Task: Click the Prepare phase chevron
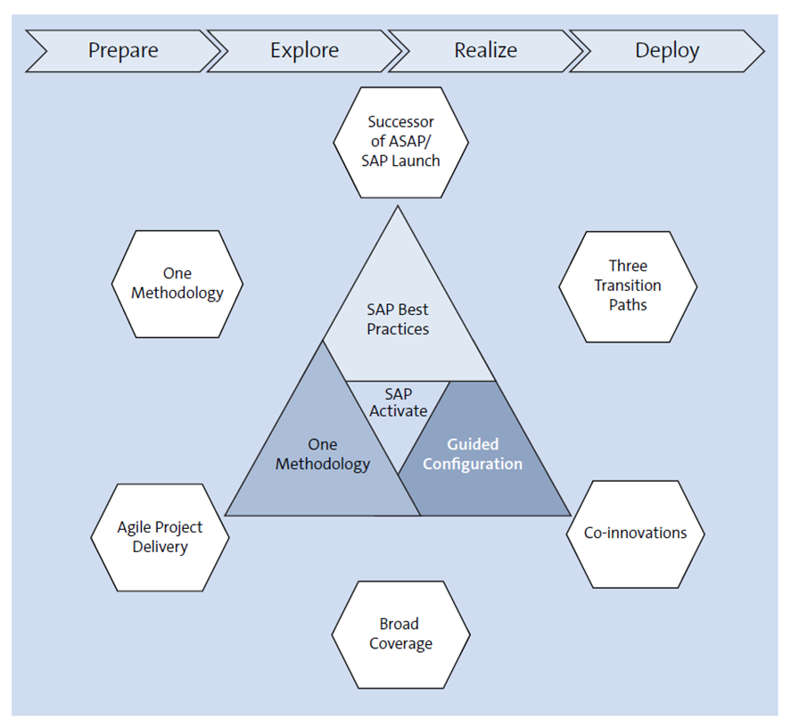pyautogui.click(x=123, y=51)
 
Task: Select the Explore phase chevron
pyautogui.click(x=304, y=51)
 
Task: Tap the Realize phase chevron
pyautogui.click(x=485, y=51)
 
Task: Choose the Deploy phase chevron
pyautogui.click(x=667, y=51)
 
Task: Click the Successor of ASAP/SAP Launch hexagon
pyautogui.click(x=400, y=142)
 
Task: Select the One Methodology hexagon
pyautogui.click(x=177, y=284)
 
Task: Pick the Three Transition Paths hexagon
pyautogui.click(x=628, y=285)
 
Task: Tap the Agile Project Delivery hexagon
pyautogui.click(x=160, y=537)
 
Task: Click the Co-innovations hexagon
pyautogui.click(x=635, y=533)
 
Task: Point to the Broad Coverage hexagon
pyautogui.click(x=400, y=634)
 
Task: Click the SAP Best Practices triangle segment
pyautogui.click(x=398, y=319)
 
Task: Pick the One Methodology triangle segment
pyautogui.click(x=322, y=455)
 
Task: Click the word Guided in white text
pyautogui.click(x=473, y=444)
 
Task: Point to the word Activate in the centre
pyautogui.click(x=399, y=411)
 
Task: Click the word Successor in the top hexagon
pyautogui.click(x=400, y=122)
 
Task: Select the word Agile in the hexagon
pyautogui.click(x=136, y=527)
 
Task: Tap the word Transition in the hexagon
pyautogui.click(x=628, y=285)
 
